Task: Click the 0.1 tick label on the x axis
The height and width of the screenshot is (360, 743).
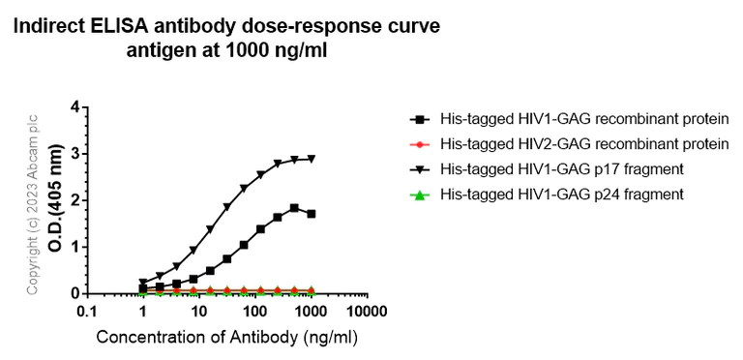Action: [87, 313]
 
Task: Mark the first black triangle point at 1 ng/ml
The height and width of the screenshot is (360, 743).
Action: [143, 283]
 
